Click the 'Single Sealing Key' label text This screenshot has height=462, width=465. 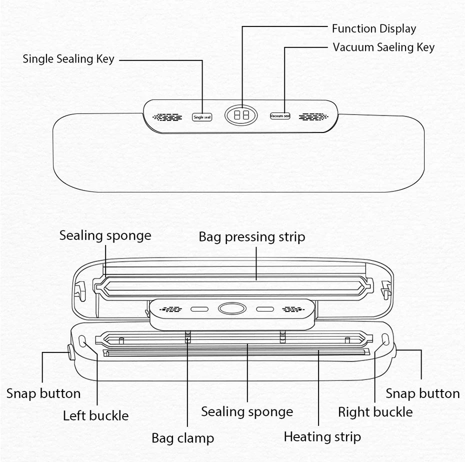[68, 59]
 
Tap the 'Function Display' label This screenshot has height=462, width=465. [374, 29]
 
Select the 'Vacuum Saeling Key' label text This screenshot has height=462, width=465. [383, 47]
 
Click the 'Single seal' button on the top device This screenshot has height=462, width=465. [202, 117]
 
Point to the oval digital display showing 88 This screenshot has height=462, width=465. [241, 115]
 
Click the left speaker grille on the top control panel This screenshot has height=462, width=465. [167, 117]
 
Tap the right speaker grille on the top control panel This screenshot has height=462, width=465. [313, 116]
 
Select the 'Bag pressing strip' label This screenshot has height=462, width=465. [251, 236]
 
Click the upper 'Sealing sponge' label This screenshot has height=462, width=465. [105, 235]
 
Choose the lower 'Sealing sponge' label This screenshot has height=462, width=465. [247, 412]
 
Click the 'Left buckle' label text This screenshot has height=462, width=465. [95, 415]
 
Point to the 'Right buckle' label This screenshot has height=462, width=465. [375, 412]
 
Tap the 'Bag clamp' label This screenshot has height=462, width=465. [182, 438]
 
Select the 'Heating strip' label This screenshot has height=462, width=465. [322, 436]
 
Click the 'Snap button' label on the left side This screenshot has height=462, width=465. [43, 393]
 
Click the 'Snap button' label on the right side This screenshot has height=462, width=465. [422, 393]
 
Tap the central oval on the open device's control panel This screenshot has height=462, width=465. [232, 309]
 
